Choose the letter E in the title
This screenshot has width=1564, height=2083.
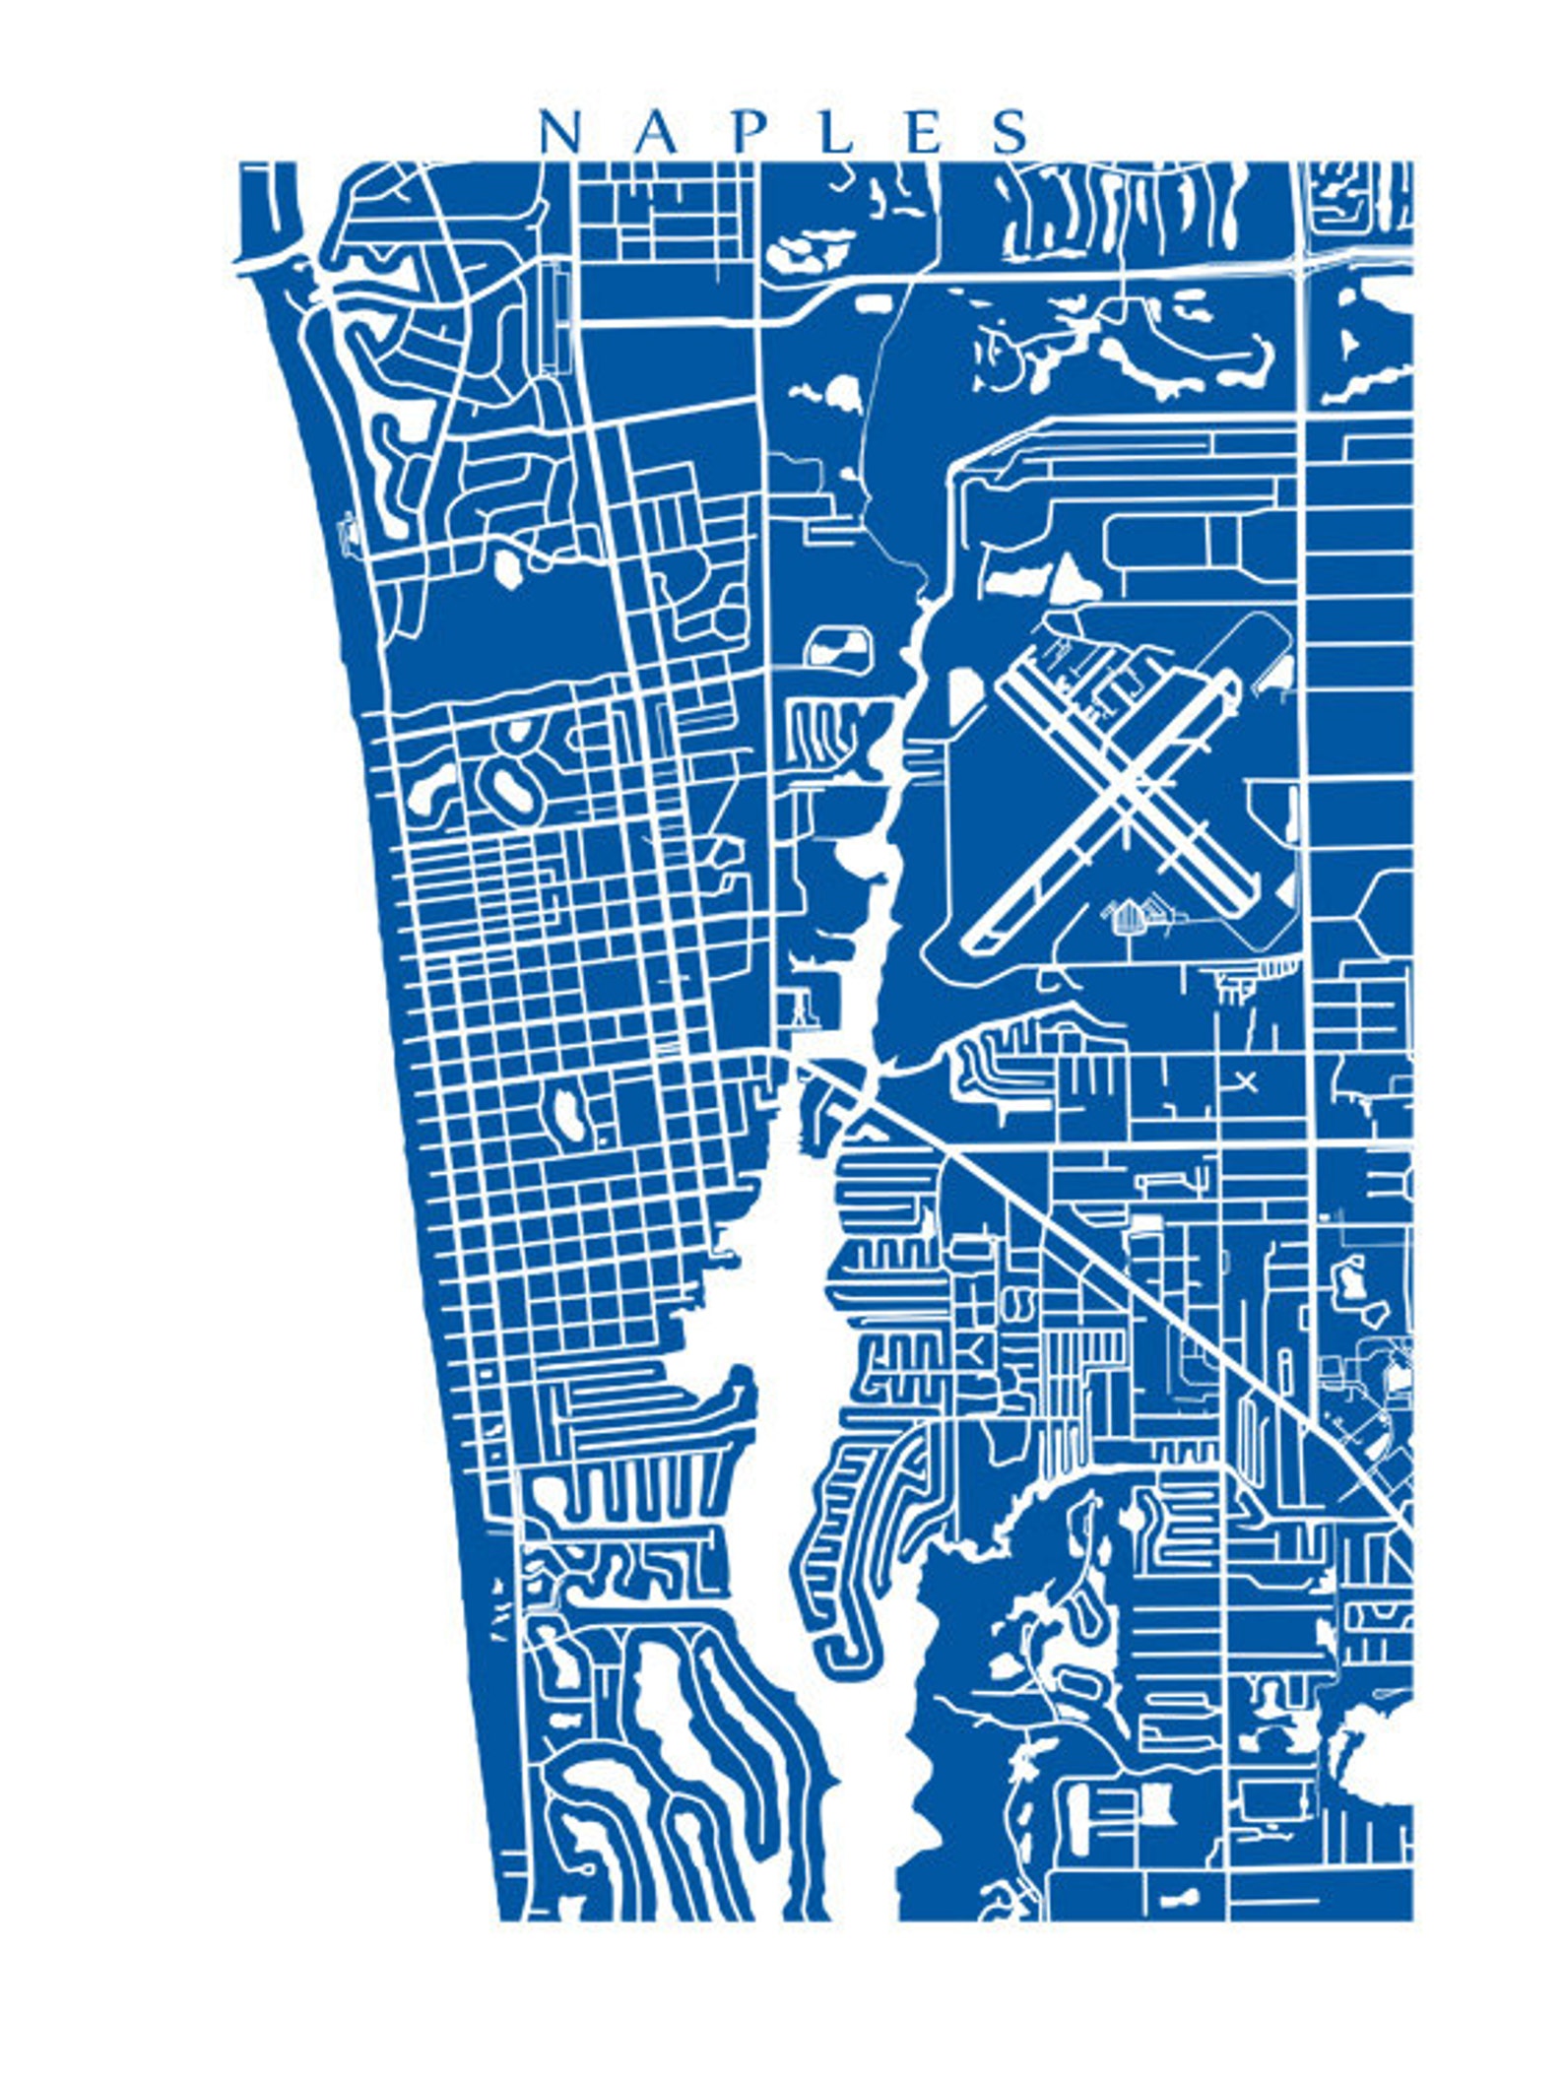(924, 132)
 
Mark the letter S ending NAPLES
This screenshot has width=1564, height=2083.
(1010, 132)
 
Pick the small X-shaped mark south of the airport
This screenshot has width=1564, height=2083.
(1246, 1082)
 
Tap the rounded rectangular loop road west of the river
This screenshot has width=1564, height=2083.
(838, 647)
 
